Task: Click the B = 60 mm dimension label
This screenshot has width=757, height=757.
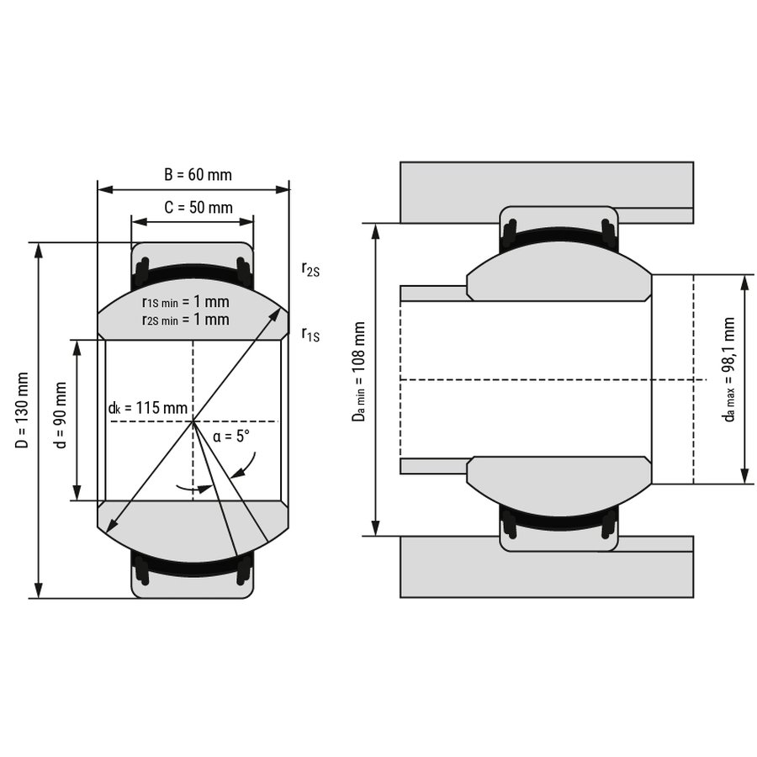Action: click(198, 174)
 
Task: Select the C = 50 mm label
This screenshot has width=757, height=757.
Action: click(199, 207)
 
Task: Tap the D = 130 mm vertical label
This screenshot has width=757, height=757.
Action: click(22, 410)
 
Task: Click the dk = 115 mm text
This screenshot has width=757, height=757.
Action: click(148, 408)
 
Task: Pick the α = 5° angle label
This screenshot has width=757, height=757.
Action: click(231, 437)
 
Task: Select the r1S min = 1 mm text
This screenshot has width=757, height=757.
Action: click(186, 302)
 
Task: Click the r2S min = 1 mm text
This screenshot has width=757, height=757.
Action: click(186, 319)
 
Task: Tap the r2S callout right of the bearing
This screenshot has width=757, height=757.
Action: click(310, 268)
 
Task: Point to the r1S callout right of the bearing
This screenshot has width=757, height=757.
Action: click(310, 334)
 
